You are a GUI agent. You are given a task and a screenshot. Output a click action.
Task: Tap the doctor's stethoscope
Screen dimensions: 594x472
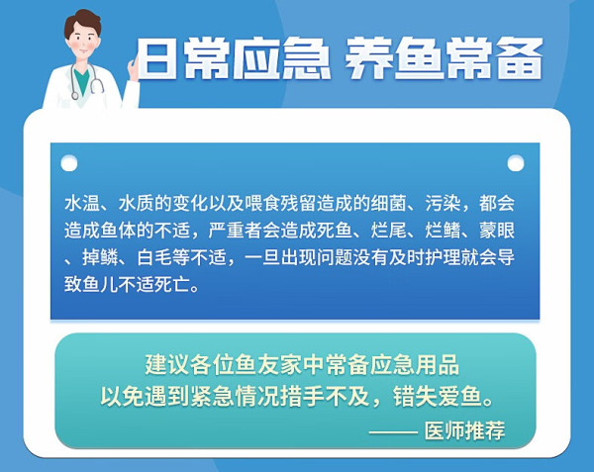coord(86,81)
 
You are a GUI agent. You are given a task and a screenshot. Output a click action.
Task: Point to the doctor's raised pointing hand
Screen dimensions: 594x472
coord(133,69)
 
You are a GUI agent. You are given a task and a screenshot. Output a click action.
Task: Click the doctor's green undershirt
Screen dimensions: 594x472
coord(82,80)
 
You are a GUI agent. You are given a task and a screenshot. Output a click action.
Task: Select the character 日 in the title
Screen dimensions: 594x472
coord(156,59)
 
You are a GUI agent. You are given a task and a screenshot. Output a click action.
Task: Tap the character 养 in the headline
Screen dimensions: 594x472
coord(367,59)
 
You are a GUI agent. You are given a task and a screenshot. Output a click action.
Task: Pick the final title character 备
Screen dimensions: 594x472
coord(520,59)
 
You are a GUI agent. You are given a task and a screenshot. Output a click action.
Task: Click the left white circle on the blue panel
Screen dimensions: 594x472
coord(69,163)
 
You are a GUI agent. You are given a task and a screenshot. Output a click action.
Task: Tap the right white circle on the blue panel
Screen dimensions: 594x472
coord(516,163)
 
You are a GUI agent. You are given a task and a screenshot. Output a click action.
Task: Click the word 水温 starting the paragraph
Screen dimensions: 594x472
coord(82,203)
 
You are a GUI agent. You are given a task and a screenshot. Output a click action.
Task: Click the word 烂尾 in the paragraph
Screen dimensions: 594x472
coord(388,231)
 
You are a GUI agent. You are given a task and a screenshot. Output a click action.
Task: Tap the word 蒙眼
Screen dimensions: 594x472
coord(497,231)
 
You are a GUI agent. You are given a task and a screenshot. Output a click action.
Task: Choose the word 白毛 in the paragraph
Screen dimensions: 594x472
coord(154,257)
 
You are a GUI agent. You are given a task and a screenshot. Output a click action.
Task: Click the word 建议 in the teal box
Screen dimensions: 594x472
coord(167,364)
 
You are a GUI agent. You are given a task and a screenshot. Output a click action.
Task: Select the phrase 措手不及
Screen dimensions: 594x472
coord(325,396)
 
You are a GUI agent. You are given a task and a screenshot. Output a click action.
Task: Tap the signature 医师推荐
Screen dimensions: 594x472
coord(464,430)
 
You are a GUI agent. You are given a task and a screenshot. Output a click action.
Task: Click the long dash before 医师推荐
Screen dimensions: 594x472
coord(393,431)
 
